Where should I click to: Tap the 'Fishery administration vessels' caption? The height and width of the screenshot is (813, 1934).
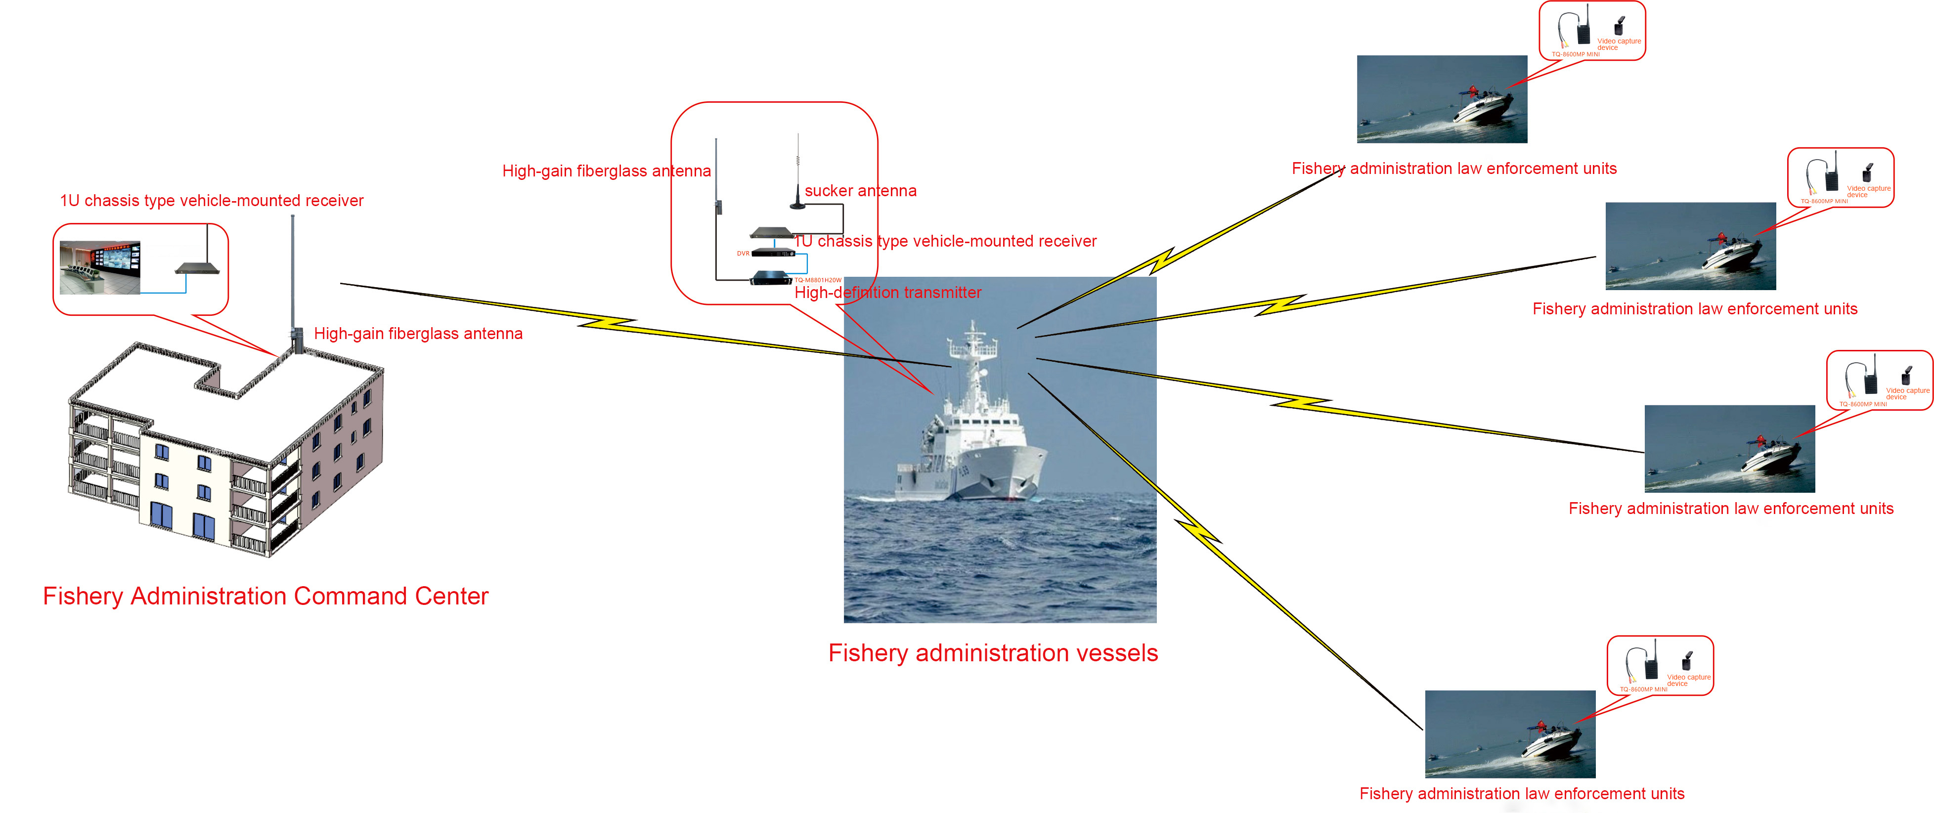click(x=993, y=653)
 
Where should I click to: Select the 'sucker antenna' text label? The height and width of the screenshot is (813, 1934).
click(x=860, y=191)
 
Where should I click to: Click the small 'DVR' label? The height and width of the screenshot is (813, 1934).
click(x=743, y=254)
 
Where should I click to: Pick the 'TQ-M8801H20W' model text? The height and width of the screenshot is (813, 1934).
click(x=818, y=280)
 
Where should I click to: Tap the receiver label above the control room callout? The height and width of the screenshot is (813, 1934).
click(x=212, y=201)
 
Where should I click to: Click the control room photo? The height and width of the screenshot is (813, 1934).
click(x=100, y=267)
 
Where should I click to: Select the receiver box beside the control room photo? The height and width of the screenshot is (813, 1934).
click(x=197, y=268)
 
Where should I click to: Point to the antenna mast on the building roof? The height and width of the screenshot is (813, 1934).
click(x=293, y=278)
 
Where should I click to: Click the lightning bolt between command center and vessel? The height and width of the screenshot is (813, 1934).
click(x=608, y=323)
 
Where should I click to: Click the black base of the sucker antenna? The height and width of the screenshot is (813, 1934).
click(x=797, y=204)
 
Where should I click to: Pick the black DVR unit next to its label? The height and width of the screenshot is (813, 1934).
click(x=773, y=253)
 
